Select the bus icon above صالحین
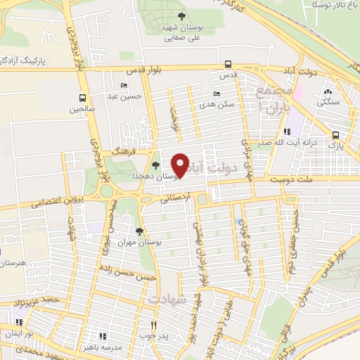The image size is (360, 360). click(83, 98)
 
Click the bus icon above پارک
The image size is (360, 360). click(336, 136)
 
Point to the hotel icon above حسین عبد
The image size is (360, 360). click(124, 86)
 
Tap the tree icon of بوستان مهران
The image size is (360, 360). click(139, 231)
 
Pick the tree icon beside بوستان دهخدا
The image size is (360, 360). click(155, 166)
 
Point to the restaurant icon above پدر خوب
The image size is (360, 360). click(153, 325)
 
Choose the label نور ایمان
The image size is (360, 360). click(17, 333)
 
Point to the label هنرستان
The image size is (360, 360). click(13, 263)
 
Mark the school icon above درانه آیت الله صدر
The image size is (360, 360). click(286, 131)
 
